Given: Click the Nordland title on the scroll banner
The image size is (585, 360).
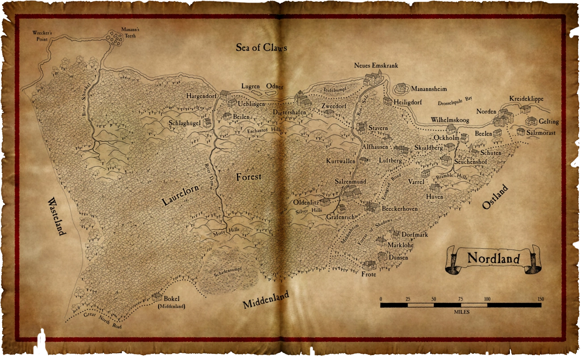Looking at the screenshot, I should (x=493, y=259).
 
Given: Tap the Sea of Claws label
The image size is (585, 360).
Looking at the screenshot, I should (x=261, y=47).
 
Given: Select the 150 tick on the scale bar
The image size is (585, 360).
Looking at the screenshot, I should (x=541, y=299).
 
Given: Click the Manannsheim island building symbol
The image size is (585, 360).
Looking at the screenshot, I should (x=401, y=88).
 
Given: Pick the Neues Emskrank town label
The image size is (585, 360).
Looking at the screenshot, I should (x=376, y=66).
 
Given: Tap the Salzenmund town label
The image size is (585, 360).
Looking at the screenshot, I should (x=350, y=182).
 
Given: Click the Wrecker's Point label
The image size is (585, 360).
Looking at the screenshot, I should (x=42, y=36).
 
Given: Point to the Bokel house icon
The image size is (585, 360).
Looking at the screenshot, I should (x=157, y=297).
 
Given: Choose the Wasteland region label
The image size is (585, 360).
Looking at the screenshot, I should (x=57, y=216).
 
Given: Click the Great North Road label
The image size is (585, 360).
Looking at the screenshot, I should (x=102, y=320).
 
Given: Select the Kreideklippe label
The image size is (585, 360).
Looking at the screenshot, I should (x=526, y=99).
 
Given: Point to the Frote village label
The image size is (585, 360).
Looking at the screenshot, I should (x=369, y=274).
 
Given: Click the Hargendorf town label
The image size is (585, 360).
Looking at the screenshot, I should (x=202, y=96).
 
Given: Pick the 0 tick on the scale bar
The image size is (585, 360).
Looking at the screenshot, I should (x=381, y=299).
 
